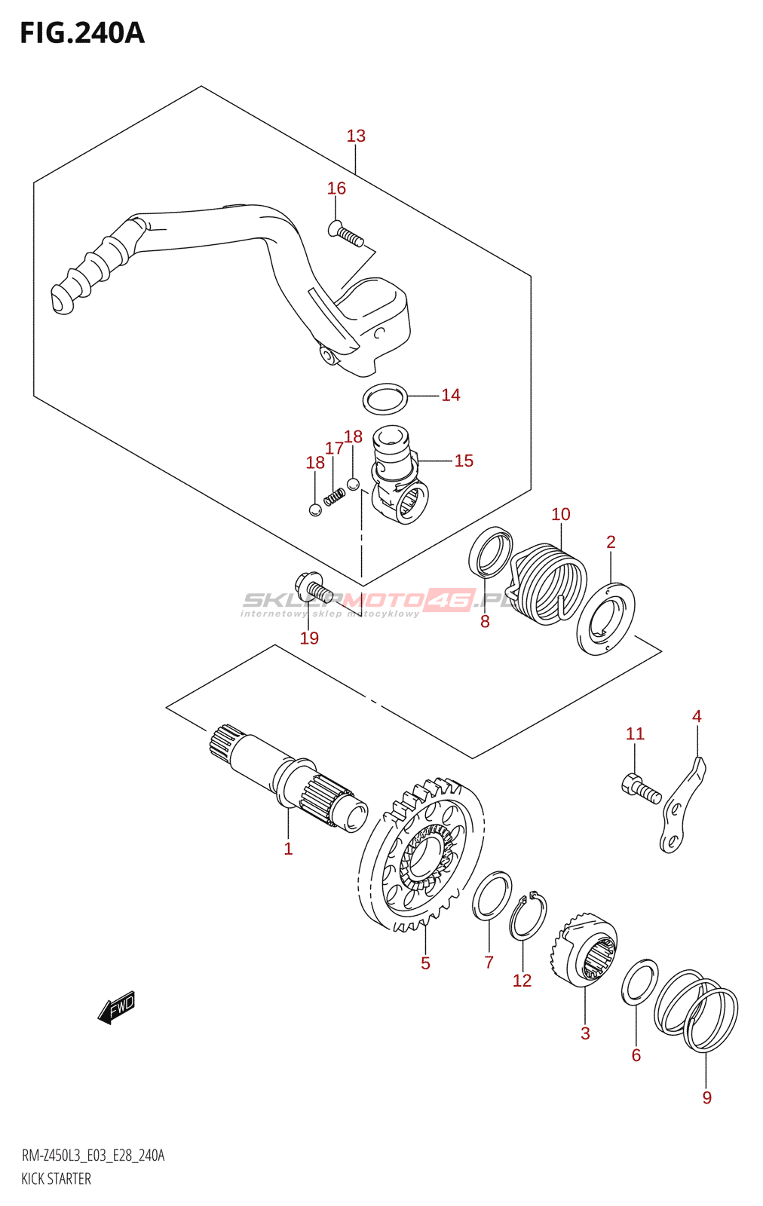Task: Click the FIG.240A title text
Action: pyautogui.click(x=81, y=33)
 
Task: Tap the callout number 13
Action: pyautogui.click(x=356, y=136)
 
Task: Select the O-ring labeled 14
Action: pyautogui.click(x=385, y=399)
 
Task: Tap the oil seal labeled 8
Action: pyautogui.click(x=491, y=552)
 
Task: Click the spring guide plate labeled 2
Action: pyautogui.click(x=605, y=618)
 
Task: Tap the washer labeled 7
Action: pyautogui.click(x=492, y=895)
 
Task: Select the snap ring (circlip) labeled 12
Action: pyautogui.click(x=528, y=917)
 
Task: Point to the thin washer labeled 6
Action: pyautogui.click(x=639, y=983)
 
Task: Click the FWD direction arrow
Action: pyautogui.click(x=116, y=1007)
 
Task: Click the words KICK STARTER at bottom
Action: pyautogui.click(x=57, y=1179)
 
